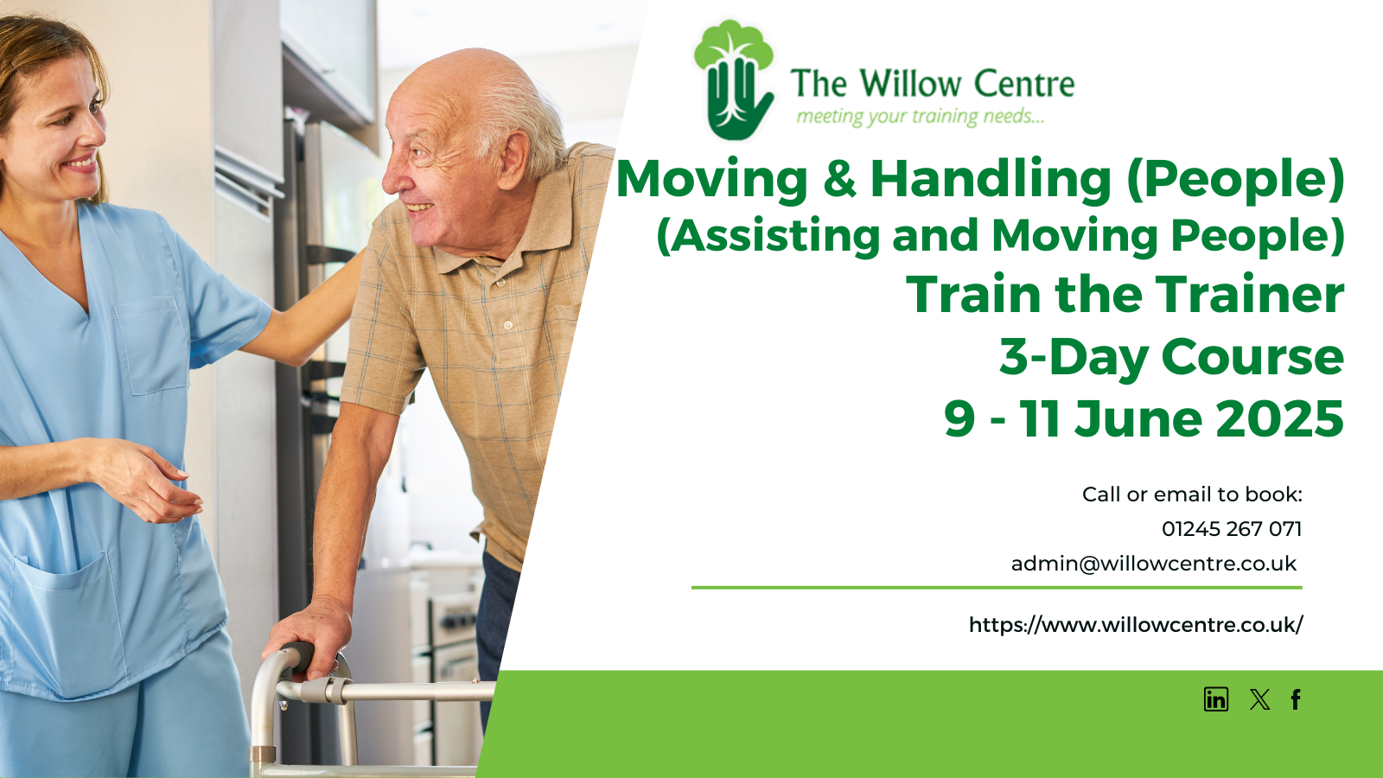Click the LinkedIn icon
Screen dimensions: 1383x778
[x=1215, y=699]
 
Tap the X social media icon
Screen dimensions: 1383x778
[x=1259, y=699]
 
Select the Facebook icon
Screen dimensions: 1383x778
[x=1296, y=699]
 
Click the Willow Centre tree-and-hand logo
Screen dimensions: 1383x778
[x=734, y=79]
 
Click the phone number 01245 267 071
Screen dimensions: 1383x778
[x=1232, y=529]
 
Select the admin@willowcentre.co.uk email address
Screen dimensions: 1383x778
[x=1154, y=564]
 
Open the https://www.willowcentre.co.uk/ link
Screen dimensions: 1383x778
[x=1136, y=625]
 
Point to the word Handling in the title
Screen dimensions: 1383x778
[x=991, y=179]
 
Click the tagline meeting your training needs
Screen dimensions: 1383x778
[x=920, y=117]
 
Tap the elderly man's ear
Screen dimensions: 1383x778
[x=513, y=161]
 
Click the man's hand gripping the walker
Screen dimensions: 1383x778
[x=308, y=636]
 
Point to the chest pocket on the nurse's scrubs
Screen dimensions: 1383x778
[x=152, y=345]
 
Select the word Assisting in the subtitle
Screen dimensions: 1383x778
[x=774, y=236]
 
